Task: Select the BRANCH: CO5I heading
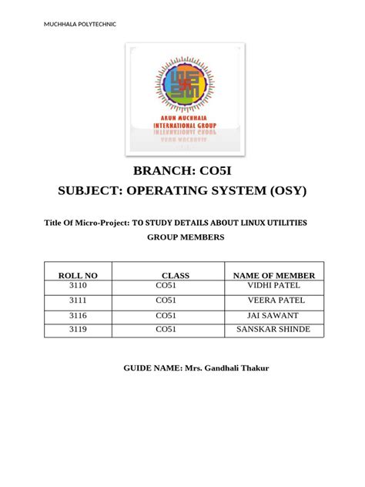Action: coord(182,172)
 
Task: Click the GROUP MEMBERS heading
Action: coord(186,237)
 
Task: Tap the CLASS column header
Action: coord(176,275)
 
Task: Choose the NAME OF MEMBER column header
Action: coord(273,275)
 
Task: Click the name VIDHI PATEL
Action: coord(273,287)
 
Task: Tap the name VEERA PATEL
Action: coord(273,301)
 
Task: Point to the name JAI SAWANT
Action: coord(273,316)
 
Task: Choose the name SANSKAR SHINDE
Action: coord(273,330)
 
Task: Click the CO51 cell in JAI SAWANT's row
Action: coord(166,316)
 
